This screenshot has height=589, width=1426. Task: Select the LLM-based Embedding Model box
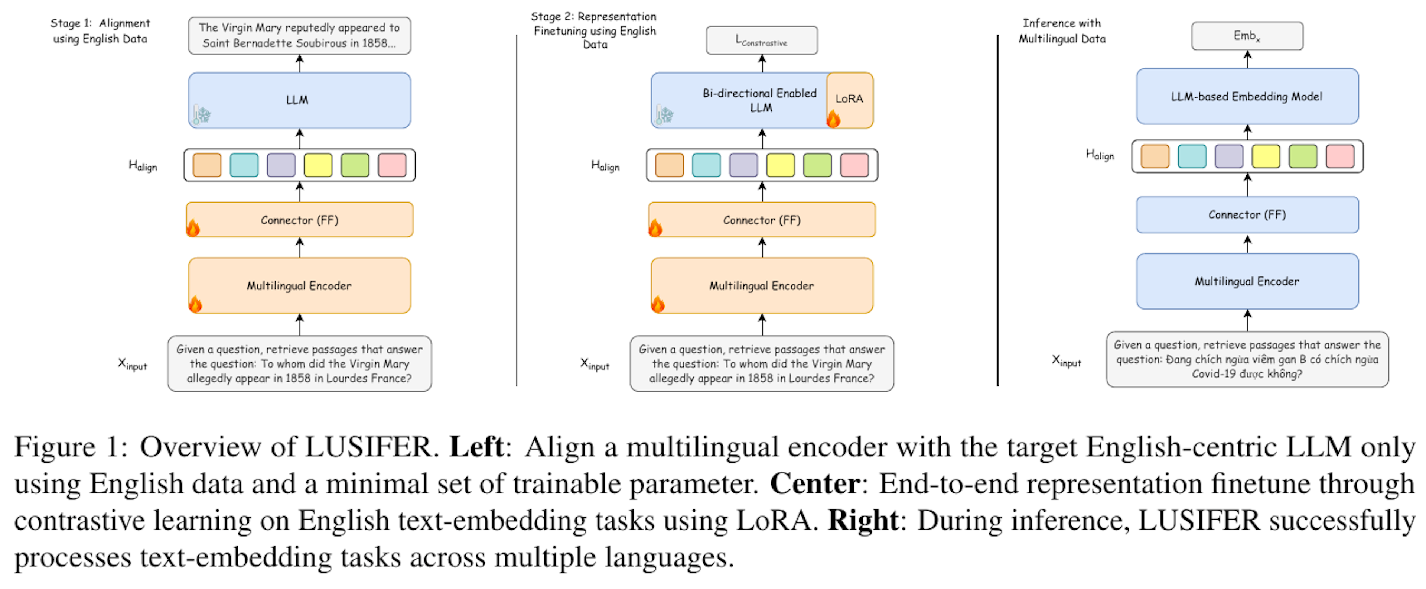click(1247, 96)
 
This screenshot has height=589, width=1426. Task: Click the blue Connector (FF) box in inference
click(1247, 214)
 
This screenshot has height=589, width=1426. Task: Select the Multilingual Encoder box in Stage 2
click(762, 285)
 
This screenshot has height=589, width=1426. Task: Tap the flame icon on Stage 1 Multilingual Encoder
click(195, 304)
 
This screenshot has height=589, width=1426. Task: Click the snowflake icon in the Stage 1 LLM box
click(203, 115)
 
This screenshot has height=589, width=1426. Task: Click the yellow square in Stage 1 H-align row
click(318, 165)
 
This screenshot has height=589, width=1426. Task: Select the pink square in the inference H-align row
click(1339, 156)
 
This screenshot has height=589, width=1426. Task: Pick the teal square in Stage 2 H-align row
click(706, 165)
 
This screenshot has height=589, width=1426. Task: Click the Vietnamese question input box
click(1247, 359)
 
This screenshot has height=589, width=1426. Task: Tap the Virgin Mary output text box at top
click(299, 35)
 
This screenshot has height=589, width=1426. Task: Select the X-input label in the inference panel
click(1066, 361)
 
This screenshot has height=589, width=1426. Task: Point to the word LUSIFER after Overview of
click(368, 447)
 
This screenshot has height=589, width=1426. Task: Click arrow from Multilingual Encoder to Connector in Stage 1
click(299, 247)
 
